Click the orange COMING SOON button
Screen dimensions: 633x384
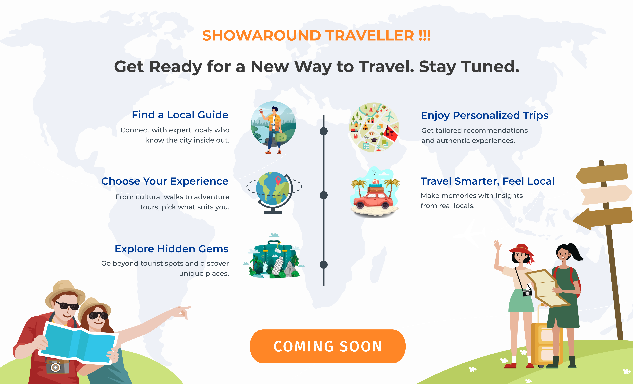click(328, 346)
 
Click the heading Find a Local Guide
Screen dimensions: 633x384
click(180, 115)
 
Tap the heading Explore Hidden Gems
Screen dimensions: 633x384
click(172, 249)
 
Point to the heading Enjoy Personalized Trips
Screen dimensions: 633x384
click(485, 115)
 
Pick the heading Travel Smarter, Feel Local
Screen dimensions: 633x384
click(487, 181)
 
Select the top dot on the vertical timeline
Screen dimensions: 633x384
click(324, 131)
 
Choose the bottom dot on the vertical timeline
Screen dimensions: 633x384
click(324, 264)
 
